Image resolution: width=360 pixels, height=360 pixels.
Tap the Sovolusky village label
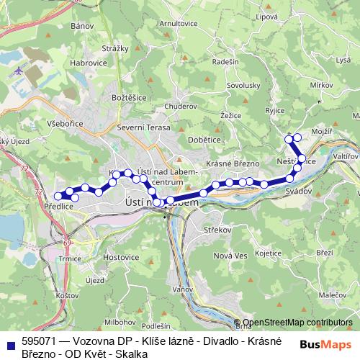(243, 85)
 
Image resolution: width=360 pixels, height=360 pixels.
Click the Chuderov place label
(180, 107)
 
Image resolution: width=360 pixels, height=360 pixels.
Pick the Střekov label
(217, 230)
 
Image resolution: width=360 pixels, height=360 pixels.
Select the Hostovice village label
(121, 256)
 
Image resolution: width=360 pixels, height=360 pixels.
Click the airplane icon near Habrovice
(17, 72)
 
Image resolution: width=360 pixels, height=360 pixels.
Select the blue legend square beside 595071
(12, 343)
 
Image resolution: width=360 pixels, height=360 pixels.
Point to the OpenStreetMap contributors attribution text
(297, 323)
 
